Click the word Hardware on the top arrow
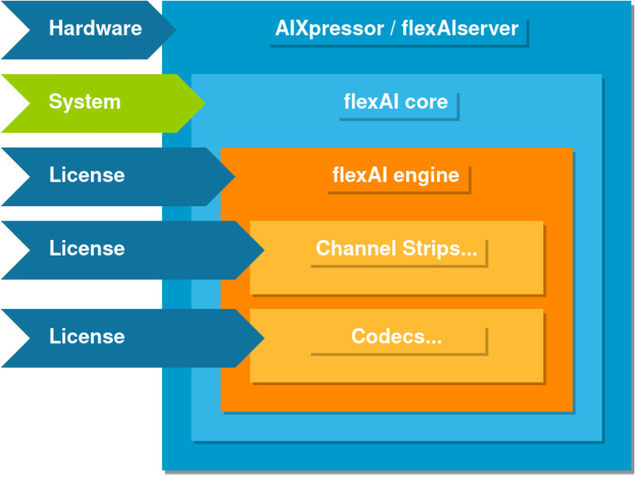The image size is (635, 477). [95, 28]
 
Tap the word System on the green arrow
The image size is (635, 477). [84, 102]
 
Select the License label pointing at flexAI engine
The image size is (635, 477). [87, 175]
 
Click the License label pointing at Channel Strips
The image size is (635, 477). [87, 248]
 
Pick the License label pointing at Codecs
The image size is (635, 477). [87, 337]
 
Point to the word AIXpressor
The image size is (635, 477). [328, 29]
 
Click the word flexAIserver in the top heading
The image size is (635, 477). [460, 29]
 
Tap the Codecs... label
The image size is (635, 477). [397, 337]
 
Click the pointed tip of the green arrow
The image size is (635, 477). [204, 103]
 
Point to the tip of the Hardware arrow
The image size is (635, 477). [174, 29]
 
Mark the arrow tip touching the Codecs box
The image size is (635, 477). [263, 337]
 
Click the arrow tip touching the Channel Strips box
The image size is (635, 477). [263, 249]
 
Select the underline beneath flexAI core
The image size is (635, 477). [397, 118]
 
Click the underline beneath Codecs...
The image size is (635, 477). [397, 354]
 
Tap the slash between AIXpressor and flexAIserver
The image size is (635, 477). [392, 29]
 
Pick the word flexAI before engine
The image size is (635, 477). [358, 175]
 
